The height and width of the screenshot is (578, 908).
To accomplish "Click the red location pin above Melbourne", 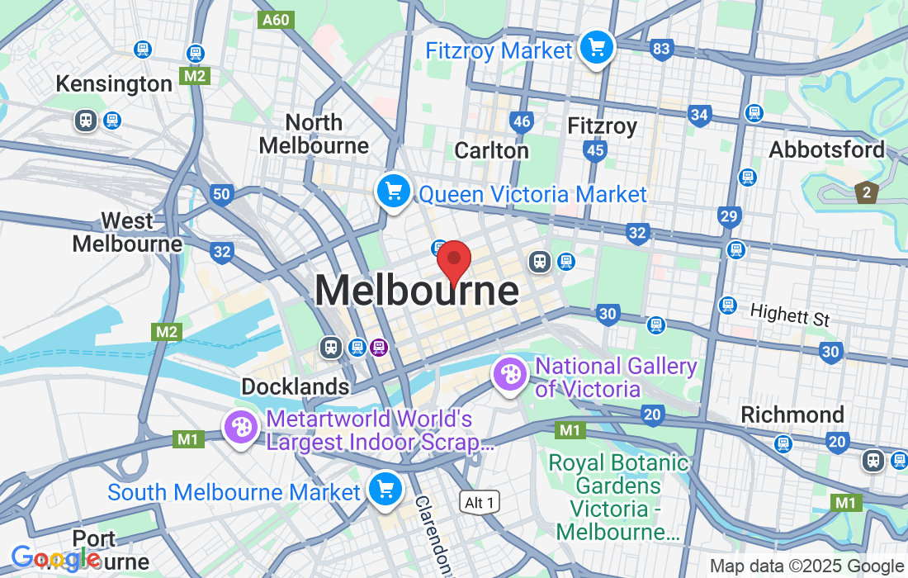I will tap(453, 261).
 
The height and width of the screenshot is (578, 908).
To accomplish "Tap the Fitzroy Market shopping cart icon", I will tap(596, 48).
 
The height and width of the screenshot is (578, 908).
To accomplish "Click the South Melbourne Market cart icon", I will tap(385, 489).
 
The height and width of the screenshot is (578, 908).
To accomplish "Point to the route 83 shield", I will tap(660, 49).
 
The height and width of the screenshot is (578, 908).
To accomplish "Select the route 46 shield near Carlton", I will tap(522, 122).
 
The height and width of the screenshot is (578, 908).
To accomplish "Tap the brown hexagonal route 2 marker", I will tap(865, 193).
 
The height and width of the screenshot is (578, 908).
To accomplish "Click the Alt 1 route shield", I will tap(480, 501).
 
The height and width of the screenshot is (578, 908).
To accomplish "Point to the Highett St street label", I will tap(789, 314).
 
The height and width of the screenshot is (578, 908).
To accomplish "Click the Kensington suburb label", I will tap(114, 84).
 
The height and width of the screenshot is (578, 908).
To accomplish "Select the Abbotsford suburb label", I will tap(826, 150).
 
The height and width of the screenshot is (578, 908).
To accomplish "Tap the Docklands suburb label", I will tap(295, 386).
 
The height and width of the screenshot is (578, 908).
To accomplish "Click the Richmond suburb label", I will tap(792, 415).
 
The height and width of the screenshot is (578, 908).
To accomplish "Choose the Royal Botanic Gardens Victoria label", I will tap(618, 497).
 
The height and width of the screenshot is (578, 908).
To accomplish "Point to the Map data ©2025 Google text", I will tap(806, 566).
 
